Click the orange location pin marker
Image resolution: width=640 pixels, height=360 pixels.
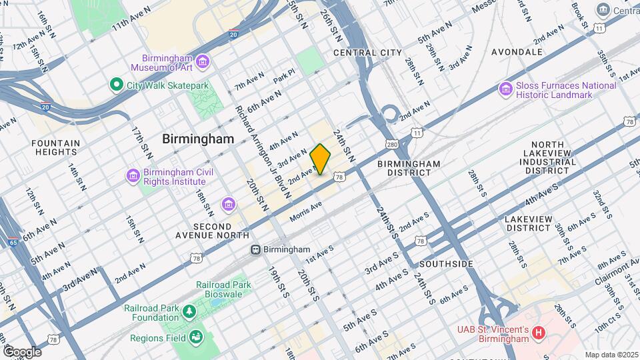[x=320, y=159]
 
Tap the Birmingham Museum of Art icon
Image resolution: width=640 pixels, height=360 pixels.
[x=203, y=62]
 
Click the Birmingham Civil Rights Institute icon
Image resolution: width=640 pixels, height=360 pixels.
[x=133, y=176]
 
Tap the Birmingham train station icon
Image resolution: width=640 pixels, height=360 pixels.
[x=255, y=249]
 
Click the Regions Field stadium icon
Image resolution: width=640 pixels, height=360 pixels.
[x=196, y=336]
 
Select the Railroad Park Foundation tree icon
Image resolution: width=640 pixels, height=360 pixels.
[x=189, y=312]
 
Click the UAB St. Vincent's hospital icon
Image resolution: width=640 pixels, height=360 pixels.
[x=539, y=331]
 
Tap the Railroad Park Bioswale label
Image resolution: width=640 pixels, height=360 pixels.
[x=223, y=290]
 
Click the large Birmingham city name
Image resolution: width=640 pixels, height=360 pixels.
[x=198, y=139]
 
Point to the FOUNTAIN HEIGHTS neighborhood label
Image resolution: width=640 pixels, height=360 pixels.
[x=55, y=147]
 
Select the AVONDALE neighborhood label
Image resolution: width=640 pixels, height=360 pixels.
[x=517, y=51]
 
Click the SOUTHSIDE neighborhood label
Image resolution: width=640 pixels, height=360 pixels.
[x=446, y=264]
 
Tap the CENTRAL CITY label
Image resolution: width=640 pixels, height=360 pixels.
[x=367, y=53]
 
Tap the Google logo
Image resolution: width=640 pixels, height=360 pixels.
[x=22, y=351]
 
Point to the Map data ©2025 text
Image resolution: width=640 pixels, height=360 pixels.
[x=611, y=355]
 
